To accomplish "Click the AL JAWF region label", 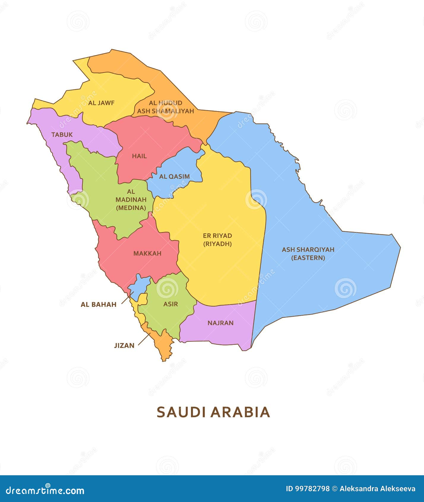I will (x=101, y=103).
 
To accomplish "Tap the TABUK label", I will (x=62, y=135).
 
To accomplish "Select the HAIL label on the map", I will (x=139, y=156).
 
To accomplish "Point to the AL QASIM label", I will (x=174, y=176).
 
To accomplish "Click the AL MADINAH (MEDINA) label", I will (x=131, y=200).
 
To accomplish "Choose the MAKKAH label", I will (x=147, y=253).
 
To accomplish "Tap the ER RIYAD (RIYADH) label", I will (x=217, y=240).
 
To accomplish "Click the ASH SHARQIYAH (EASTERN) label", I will (x=308, y=254).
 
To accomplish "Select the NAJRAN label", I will (x=220, y=323).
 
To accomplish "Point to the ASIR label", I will (x=170, y=304).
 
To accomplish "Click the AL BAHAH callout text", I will (x=99, y=304).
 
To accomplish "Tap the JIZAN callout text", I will (x=124, y=345).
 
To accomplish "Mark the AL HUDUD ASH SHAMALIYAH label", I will (x=165, y=107).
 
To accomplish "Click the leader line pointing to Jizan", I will (x=144, y=339).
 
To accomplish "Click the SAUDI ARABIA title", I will (x=213, y=412).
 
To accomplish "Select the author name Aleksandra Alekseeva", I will (x=377, y=489).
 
